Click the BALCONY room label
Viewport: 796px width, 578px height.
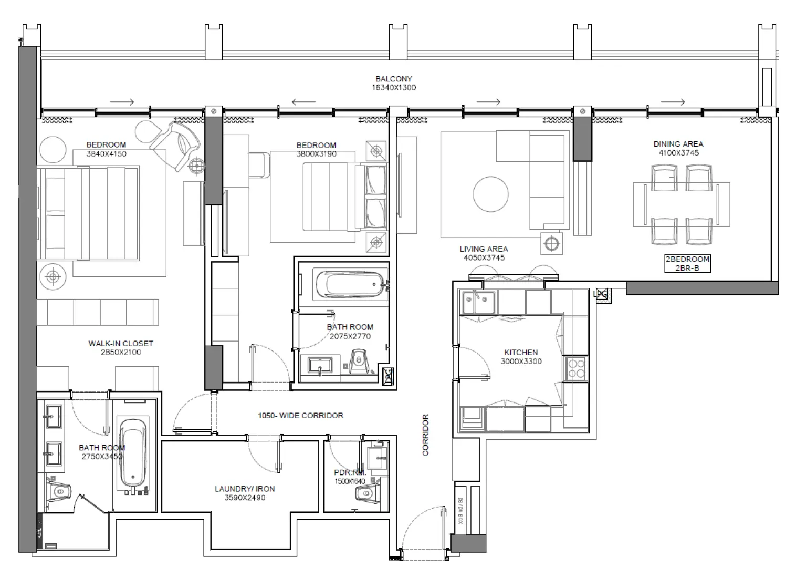point(393,79)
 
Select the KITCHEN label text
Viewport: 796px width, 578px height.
point(521,353)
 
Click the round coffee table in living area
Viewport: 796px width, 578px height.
point(490,194)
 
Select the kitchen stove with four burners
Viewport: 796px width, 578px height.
point(576,368)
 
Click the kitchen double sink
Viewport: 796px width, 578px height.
point(478,304)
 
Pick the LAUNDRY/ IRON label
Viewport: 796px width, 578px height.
point(244,489)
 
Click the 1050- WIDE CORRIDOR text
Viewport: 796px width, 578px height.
point(300,416)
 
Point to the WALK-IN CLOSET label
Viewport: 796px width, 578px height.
point(120,344)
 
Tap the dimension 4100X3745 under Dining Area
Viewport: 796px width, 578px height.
point(678,153)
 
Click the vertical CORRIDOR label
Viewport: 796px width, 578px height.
point(425,435)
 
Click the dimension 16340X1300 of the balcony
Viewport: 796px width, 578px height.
point(393,88)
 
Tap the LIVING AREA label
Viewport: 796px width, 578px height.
point(484,249)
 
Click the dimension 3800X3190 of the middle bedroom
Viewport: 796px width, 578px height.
point(316,154)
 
